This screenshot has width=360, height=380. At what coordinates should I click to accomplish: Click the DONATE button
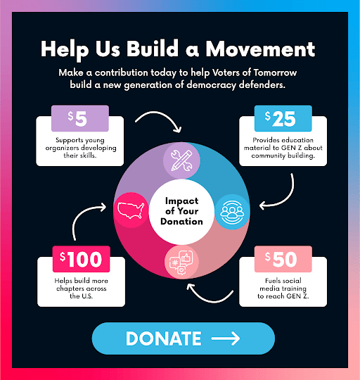click(184, 338)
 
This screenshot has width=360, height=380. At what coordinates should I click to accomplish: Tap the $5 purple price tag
click(80, 118)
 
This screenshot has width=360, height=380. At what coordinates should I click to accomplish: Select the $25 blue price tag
click(283, 118)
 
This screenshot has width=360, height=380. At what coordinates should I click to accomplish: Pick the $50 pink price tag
click(283, 259)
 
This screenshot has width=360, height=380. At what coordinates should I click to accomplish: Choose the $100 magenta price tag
click(81, 259)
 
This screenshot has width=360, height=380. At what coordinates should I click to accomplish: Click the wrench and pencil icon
click(181, 160)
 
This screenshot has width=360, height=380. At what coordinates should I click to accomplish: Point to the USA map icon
click(131, 210)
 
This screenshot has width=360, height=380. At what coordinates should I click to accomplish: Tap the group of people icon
click(232, 212)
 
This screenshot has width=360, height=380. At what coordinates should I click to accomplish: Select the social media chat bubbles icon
click(181, 262)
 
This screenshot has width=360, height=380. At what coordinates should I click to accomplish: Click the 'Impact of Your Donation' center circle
click(181, 212)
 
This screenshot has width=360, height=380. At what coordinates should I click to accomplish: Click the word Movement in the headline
click(260, 49)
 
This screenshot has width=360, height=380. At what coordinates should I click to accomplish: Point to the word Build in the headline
click(153, 49)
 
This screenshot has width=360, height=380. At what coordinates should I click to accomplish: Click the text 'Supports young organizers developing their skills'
click(81, 148)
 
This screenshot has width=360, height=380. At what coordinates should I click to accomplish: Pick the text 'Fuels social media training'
click(283, 284)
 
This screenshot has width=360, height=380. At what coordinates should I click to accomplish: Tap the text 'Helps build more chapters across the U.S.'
click(81, 289)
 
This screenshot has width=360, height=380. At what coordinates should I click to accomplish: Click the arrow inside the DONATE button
click(226, 338)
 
